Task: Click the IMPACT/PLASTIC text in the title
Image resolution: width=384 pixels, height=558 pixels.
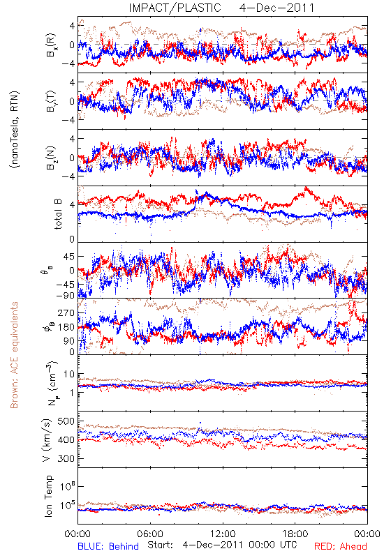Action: [x=175, y=8]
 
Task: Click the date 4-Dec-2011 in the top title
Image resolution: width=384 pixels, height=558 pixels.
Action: [x=276, y=8]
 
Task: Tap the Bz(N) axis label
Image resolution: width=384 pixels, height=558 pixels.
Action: [x=51, y=158]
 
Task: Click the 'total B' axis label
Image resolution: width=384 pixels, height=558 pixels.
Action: [x=58, y=214]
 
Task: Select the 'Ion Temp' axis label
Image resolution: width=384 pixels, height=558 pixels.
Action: [x=48, y=496]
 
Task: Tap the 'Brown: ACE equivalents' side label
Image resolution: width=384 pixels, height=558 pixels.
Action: [x=14, y=355]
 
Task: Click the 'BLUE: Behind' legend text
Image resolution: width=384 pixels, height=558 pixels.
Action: [x=108, y=546]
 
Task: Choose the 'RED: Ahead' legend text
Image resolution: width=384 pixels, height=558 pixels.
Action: [x=340, y=546]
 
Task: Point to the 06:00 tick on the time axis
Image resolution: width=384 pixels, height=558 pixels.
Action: [x=150, y=534]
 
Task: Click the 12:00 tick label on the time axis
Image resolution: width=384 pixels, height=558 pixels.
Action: [x=223, y=534]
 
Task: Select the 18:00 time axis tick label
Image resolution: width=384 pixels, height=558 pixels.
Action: [x=295, y=534]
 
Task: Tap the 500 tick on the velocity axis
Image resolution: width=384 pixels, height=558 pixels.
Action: [x=66, y=421]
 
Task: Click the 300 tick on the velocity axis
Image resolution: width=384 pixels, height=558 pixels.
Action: [x=66, y=458]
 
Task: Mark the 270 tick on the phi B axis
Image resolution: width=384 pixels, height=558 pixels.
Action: [x=66, y=313]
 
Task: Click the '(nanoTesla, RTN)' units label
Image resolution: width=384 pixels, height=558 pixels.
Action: [x=15, y=130]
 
